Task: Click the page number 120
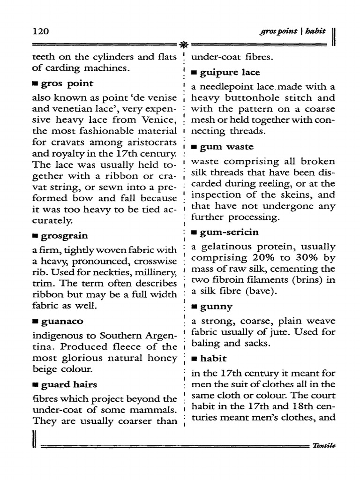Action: click(41, 31)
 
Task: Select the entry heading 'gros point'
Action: click(67, 83)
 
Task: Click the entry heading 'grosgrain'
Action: click(64, 235)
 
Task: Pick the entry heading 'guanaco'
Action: click(62, 321)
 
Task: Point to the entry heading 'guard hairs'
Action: click(69, 385)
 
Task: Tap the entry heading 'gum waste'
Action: click(226, 147)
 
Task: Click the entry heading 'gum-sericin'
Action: click(229, 232)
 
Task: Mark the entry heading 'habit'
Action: click(213, 359)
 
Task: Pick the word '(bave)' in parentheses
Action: click(260, 292)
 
